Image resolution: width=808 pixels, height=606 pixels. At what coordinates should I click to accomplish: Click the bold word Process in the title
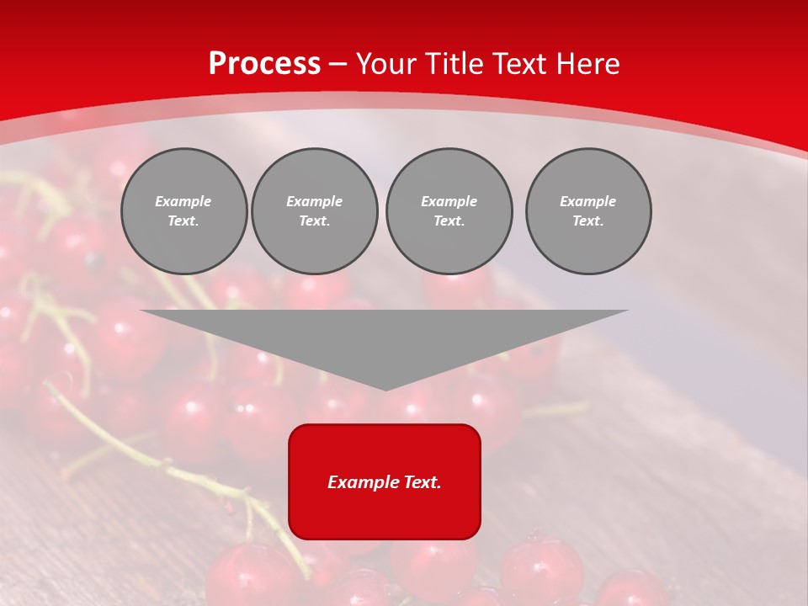coord(264,64)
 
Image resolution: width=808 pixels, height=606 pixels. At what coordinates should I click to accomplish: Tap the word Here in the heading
coord(587,64)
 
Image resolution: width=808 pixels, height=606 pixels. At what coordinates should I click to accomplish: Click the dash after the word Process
coord(338,65)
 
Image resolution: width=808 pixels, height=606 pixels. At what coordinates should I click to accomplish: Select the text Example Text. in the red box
coord(385,482)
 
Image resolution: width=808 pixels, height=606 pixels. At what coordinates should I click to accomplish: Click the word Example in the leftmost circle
coord(183,201)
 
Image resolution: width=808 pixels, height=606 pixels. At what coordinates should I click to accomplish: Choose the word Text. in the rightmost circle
coord(588,221)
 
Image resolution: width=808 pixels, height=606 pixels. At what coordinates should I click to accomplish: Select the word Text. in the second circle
coord(315,221)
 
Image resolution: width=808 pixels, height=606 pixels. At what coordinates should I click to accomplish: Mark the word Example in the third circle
coord(449,201)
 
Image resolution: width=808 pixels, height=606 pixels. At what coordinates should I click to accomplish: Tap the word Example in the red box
coord(362,482)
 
